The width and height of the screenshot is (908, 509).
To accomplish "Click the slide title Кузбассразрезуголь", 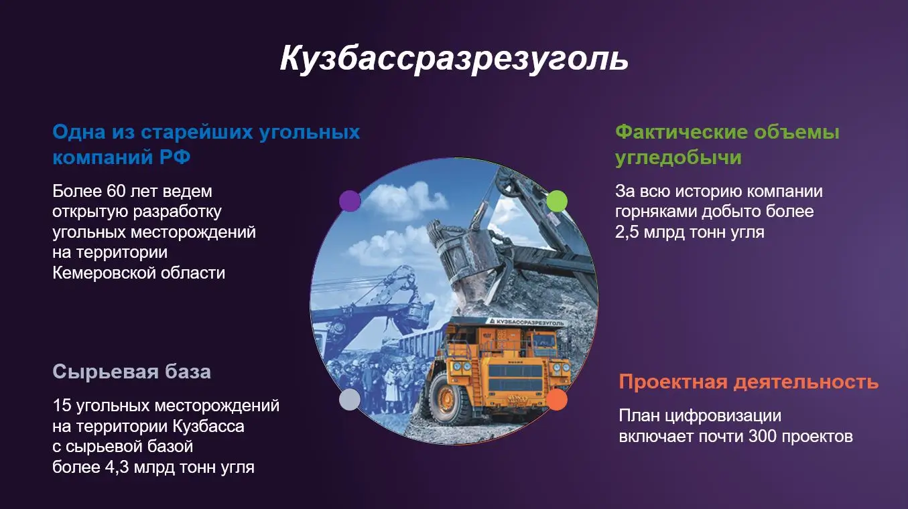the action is click(x=454, y=60).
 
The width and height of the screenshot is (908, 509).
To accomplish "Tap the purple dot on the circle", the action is click(x=350, y=201).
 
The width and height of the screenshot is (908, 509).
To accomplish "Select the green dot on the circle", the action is click(x=557, y=201).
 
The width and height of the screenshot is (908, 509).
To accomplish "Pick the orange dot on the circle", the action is click(x=557, y=400).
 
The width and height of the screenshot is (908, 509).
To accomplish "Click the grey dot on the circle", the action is click(x=350, y=400).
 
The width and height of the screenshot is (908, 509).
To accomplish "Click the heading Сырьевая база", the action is click(x=132, y=372).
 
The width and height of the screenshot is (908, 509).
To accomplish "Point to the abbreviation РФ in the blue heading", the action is click(x=175, y=157).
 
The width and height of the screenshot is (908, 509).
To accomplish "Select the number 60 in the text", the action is click(x=116, y=192).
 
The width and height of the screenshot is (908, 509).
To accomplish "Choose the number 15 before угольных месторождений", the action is click(x=62, y=406).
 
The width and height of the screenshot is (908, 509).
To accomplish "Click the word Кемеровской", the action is click(x=104, y=273).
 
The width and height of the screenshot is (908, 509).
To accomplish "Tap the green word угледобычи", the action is click(x=678, y=157).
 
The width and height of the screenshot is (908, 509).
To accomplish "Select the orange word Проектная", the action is click(x=673, y=382).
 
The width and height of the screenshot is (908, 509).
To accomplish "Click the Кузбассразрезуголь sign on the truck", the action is click(x=526, y=322).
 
